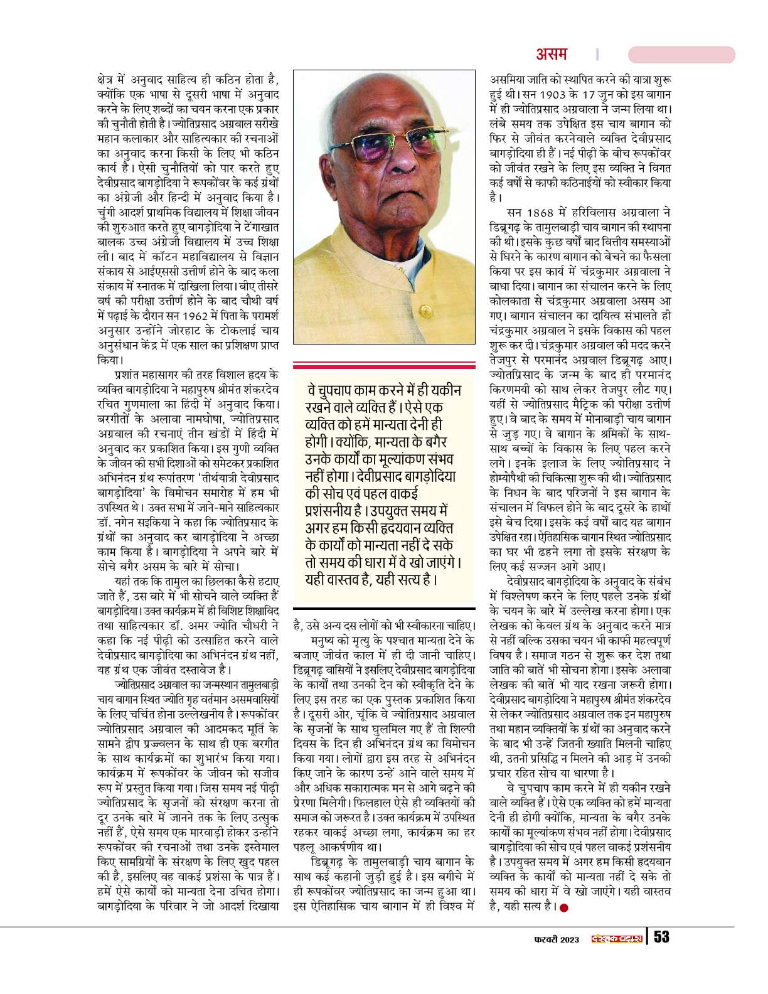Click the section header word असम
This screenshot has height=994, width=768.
pos(551,55)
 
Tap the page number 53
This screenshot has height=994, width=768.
pos(662,938)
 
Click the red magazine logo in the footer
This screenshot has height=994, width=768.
pos(618,938)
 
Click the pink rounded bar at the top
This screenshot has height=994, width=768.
pos(681,55)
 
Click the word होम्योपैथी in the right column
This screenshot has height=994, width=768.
pos(511,478)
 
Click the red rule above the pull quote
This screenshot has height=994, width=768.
pos(384,365)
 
